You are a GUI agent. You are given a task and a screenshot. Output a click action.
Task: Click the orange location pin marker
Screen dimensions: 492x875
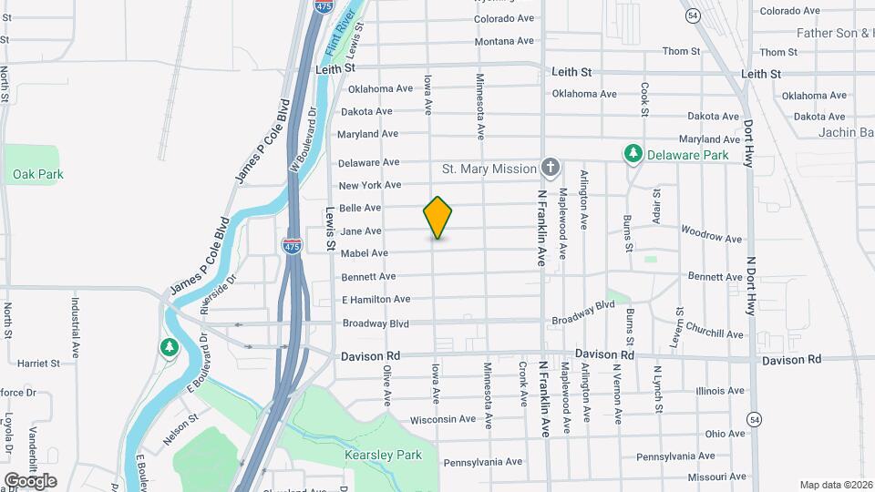point(437,217)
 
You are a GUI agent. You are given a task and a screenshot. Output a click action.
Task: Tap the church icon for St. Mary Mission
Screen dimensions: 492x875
point(549,168)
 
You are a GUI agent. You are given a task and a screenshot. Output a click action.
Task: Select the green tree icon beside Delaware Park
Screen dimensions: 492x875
point(633,154)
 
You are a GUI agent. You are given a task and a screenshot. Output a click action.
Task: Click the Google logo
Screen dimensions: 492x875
point(30,481)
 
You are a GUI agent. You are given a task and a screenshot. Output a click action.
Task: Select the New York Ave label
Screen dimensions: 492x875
point(370,185)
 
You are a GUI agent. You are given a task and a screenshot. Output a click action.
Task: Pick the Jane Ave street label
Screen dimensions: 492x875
point(360,231)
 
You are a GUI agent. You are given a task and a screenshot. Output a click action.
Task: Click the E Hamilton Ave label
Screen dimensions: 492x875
point(376,299)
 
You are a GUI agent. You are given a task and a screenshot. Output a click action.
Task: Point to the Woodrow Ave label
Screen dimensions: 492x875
point(711,237)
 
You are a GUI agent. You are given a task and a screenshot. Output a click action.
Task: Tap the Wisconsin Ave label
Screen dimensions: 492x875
point(443,419)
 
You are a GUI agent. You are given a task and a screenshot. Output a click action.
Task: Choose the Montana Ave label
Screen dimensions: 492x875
point(504,41)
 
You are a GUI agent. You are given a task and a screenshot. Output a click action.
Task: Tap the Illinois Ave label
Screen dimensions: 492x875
point(720,391)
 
